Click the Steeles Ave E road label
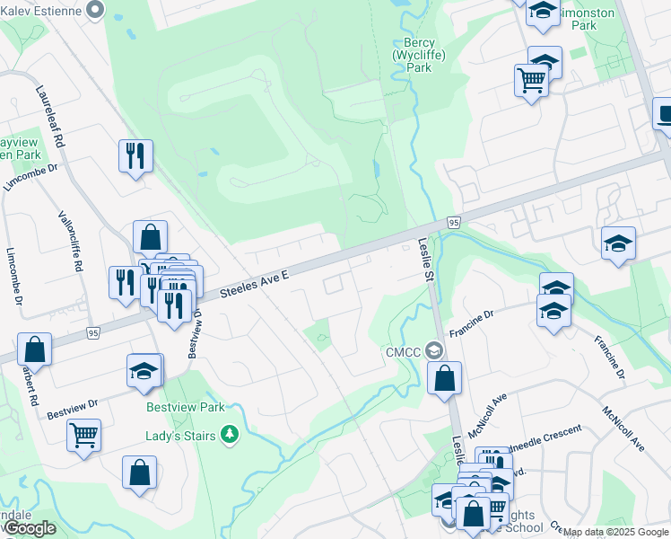(x=255, y=281)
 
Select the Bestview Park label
(x=186, y=407)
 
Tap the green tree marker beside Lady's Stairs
(x=231, y=435)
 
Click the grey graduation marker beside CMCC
(x=435, y=349)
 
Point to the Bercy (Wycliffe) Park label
(x=419, y=54)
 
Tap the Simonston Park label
(x=588, y=19)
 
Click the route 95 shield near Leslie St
(x=454, y=222)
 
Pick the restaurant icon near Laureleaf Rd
(x=135, y=155)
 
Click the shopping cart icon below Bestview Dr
(x=83, y=435)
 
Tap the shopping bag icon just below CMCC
(x=444, y=377)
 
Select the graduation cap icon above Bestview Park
(x=144, y=372)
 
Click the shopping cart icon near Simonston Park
(x=531, y=80)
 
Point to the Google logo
(x=30, y=529)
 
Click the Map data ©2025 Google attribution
(x=616, y=532)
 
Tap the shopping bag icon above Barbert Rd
(x=34, y=349)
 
